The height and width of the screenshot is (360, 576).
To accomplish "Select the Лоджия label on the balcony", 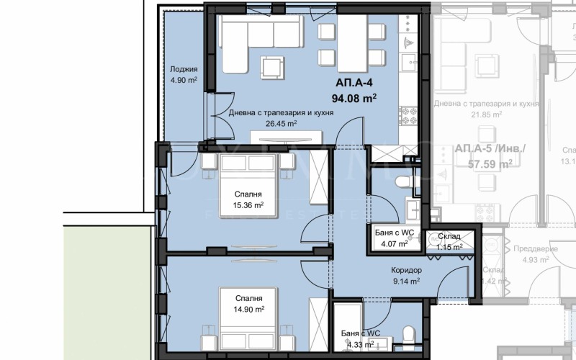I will (183, 70).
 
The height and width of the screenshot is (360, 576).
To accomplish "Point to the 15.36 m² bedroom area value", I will (247, 205).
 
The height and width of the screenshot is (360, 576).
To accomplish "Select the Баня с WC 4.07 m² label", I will (394, 238).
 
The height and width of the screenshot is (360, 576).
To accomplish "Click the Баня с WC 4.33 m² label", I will (360, 338).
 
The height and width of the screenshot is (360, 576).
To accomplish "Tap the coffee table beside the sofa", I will (273, 66).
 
